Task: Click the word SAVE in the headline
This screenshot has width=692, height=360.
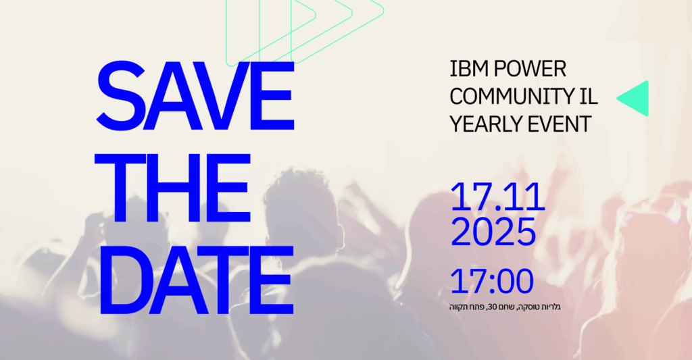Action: click(x=195, y=96)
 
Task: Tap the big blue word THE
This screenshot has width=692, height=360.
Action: click(x=172, y=188)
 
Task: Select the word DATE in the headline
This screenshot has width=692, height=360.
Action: click(x=197, y=280)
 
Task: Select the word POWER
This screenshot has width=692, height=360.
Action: click(x=530, y=69)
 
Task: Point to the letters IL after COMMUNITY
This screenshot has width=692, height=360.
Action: click(x=589, y=96)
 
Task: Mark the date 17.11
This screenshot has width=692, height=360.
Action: click(x=498, y=197)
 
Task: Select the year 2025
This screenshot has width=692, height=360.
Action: click(x=493, y=232)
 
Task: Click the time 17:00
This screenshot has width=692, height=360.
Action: click(x=492, y=282)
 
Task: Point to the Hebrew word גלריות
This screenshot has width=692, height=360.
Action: click(x=550, y=307)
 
